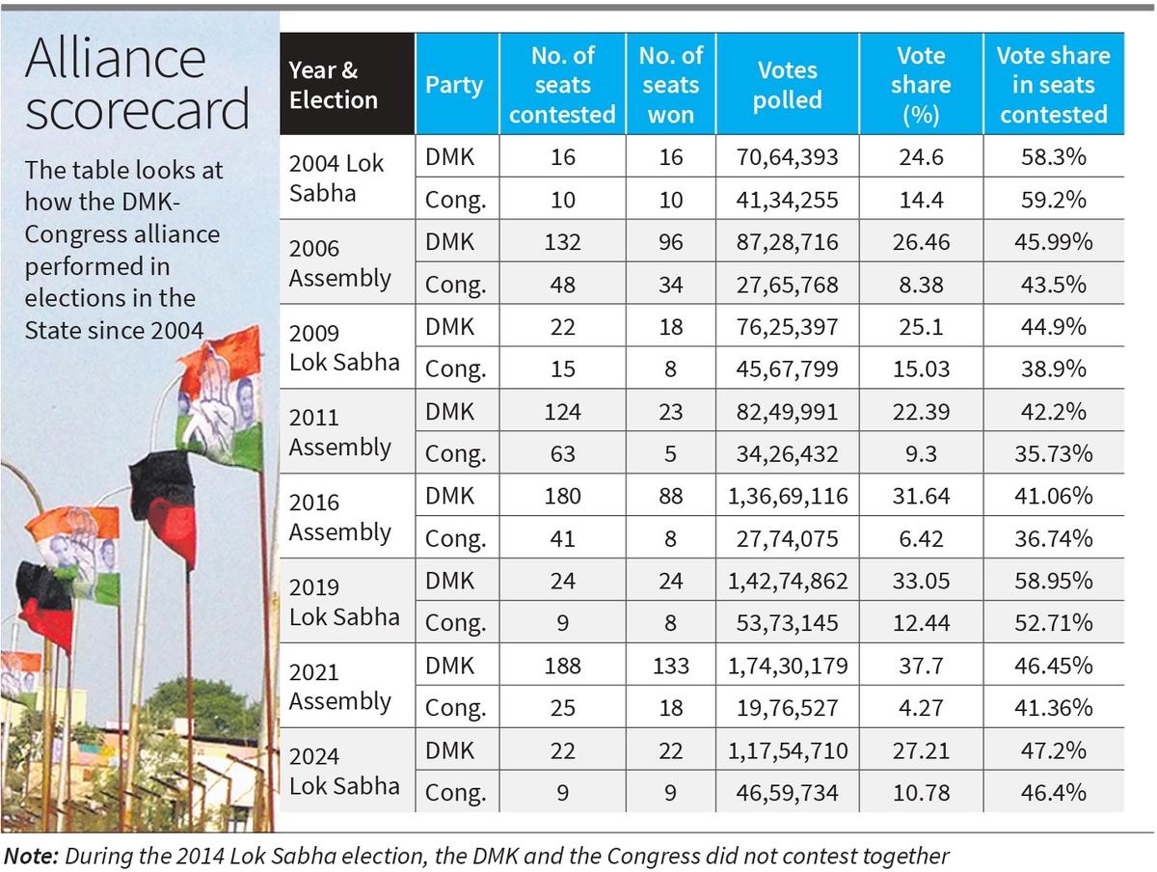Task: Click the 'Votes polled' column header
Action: [787, 85]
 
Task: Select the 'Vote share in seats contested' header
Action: [1053, 85]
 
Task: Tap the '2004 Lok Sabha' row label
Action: [336, 177]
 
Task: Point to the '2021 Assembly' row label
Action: [339, 686]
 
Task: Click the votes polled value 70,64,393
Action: [787, 157]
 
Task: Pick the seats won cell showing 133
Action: [670, 666]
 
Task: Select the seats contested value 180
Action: [562, 497]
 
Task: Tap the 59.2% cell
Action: [1053, 200]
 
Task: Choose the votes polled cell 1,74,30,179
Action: [787, 666]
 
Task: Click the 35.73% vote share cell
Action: [1053, 454]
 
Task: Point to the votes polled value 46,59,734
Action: [787, 793]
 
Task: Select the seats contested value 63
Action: [562, 454]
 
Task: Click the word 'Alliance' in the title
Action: [115, 60]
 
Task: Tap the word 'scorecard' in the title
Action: [137, 111]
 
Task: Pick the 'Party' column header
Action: [453, 85]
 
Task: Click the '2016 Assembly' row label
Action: [339, 517]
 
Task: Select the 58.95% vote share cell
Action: [1053, 581]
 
